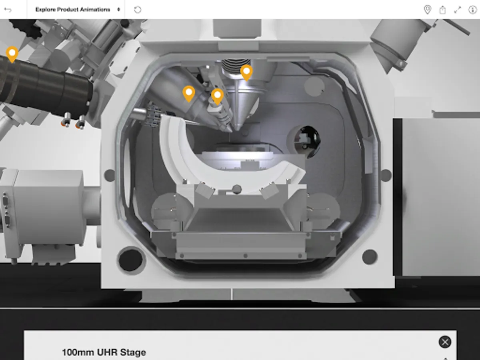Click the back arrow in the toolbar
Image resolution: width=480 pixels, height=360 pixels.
pyautogui.click(x=8, y=10)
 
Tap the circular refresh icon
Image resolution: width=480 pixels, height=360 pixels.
pyautogui.click(x=138, y=10)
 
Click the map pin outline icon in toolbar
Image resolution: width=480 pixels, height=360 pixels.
pyautogui.click(x=427, y=10)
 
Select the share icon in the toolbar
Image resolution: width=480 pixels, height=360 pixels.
pyautogui.click(x=442, y=10)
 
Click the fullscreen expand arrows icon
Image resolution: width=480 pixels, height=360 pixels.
pyautogui.click(x=458, y=10)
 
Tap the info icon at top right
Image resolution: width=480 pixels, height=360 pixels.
pyautogui.click(x=472, y=10)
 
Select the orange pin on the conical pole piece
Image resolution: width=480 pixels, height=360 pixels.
pyautogui.click(x=246, y=72)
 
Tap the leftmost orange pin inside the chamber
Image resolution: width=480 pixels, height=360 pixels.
pyautogui.click(x=189, y=94)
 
